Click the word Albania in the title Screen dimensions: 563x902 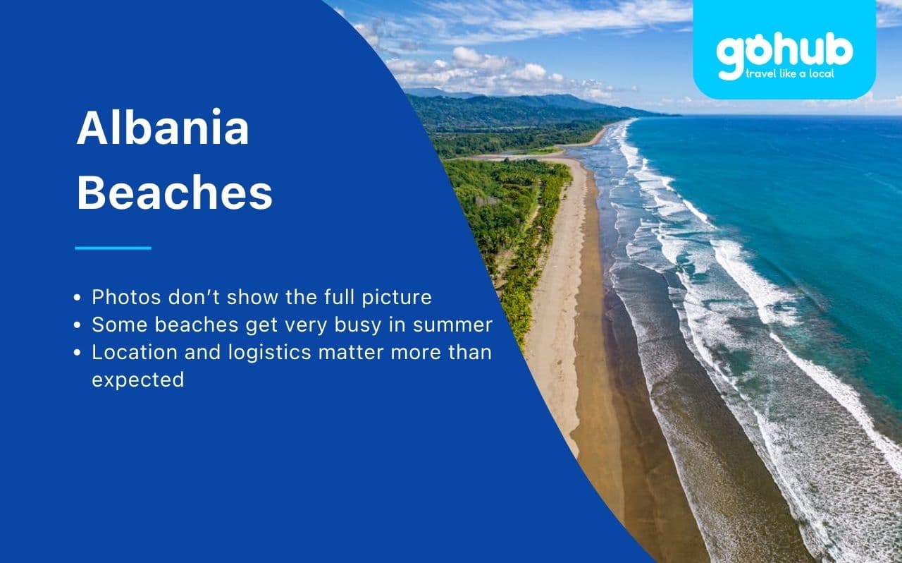163,128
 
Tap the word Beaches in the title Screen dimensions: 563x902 174,193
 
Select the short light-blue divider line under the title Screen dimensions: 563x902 113,248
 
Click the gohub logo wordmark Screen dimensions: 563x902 784,52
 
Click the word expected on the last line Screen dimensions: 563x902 137,380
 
